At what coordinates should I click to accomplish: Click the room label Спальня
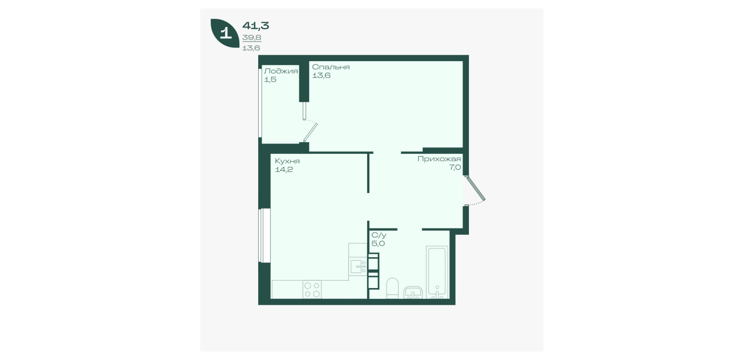click(331, 67)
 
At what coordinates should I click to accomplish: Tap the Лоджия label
click(280, 71)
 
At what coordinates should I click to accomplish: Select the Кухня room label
click(287, 161)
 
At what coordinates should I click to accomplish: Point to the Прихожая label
click(439, 159)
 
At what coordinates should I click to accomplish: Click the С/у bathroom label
click(379, 235)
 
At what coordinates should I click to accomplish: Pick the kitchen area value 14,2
click(284, 170)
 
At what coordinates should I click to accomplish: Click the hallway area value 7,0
click(455, 167)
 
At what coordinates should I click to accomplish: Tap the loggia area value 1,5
click(270, 79)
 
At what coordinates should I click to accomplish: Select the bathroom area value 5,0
click(378, 243)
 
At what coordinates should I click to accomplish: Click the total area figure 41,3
click(256, 26)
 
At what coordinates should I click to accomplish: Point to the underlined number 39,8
click(252, 38)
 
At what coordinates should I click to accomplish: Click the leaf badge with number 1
click(225, 33)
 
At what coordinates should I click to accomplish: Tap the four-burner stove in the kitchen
click(312, 290)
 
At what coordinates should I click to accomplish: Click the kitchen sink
click(358, 266)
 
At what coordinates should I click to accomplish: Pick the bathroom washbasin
click(413, 293)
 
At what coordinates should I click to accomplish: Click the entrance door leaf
click(476, 189)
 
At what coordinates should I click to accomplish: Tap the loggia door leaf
click(311, 133)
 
